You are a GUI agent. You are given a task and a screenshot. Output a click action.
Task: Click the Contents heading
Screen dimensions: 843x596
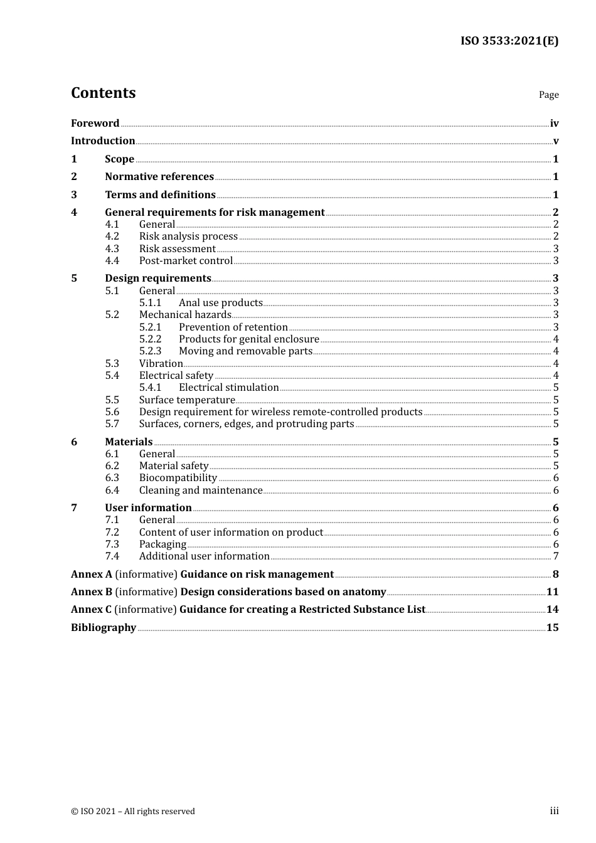point(103,93)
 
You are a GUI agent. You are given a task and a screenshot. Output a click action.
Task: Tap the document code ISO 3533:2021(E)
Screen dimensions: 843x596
point(509,41)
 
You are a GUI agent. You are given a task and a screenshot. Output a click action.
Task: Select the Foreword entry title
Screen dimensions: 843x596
point(95,123)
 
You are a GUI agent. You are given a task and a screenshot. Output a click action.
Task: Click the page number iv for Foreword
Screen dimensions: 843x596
point(554,123)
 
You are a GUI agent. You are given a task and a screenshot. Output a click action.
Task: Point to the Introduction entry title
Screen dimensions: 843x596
point(103,140)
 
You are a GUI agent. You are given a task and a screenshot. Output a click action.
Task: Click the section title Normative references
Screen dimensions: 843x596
point(159,176)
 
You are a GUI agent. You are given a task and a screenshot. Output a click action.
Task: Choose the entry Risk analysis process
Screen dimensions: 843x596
point(188,236)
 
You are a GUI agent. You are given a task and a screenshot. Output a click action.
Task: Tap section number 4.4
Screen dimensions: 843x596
point(112,260)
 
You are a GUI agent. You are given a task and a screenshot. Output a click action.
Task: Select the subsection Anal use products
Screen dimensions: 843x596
point(220,302)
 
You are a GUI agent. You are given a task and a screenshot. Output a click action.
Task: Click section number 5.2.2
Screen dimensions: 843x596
point(150,339)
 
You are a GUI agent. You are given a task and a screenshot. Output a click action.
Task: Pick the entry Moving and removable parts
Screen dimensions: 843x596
point(245,351)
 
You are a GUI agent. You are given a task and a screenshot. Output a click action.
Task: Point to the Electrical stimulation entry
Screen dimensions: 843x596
point(228,387)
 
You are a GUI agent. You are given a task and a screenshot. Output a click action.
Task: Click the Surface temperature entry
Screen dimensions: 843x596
point(187,400)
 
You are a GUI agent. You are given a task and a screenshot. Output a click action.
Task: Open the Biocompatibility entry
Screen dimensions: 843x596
point(178,477)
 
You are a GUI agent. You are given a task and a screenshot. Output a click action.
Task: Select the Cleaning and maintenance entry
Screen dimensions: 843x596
point(201,490)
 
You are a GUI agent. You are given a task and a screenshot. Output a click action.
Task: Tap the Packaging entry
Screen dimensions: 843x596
point(162,544)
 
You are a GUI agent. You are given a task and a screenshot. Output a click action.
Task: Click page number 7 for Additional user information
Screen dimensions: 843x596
point(555,556)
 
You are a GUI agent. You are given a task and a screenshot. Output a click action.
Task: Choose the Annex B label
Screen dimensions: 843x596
point(92,591)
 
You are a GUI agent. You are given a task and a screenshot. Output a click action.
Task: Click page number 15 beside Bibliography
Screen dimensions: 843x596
point(552,627)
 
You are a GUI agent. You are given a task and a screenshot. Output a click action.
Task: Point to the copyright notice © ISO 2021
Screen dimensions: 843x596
point(133,811)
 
